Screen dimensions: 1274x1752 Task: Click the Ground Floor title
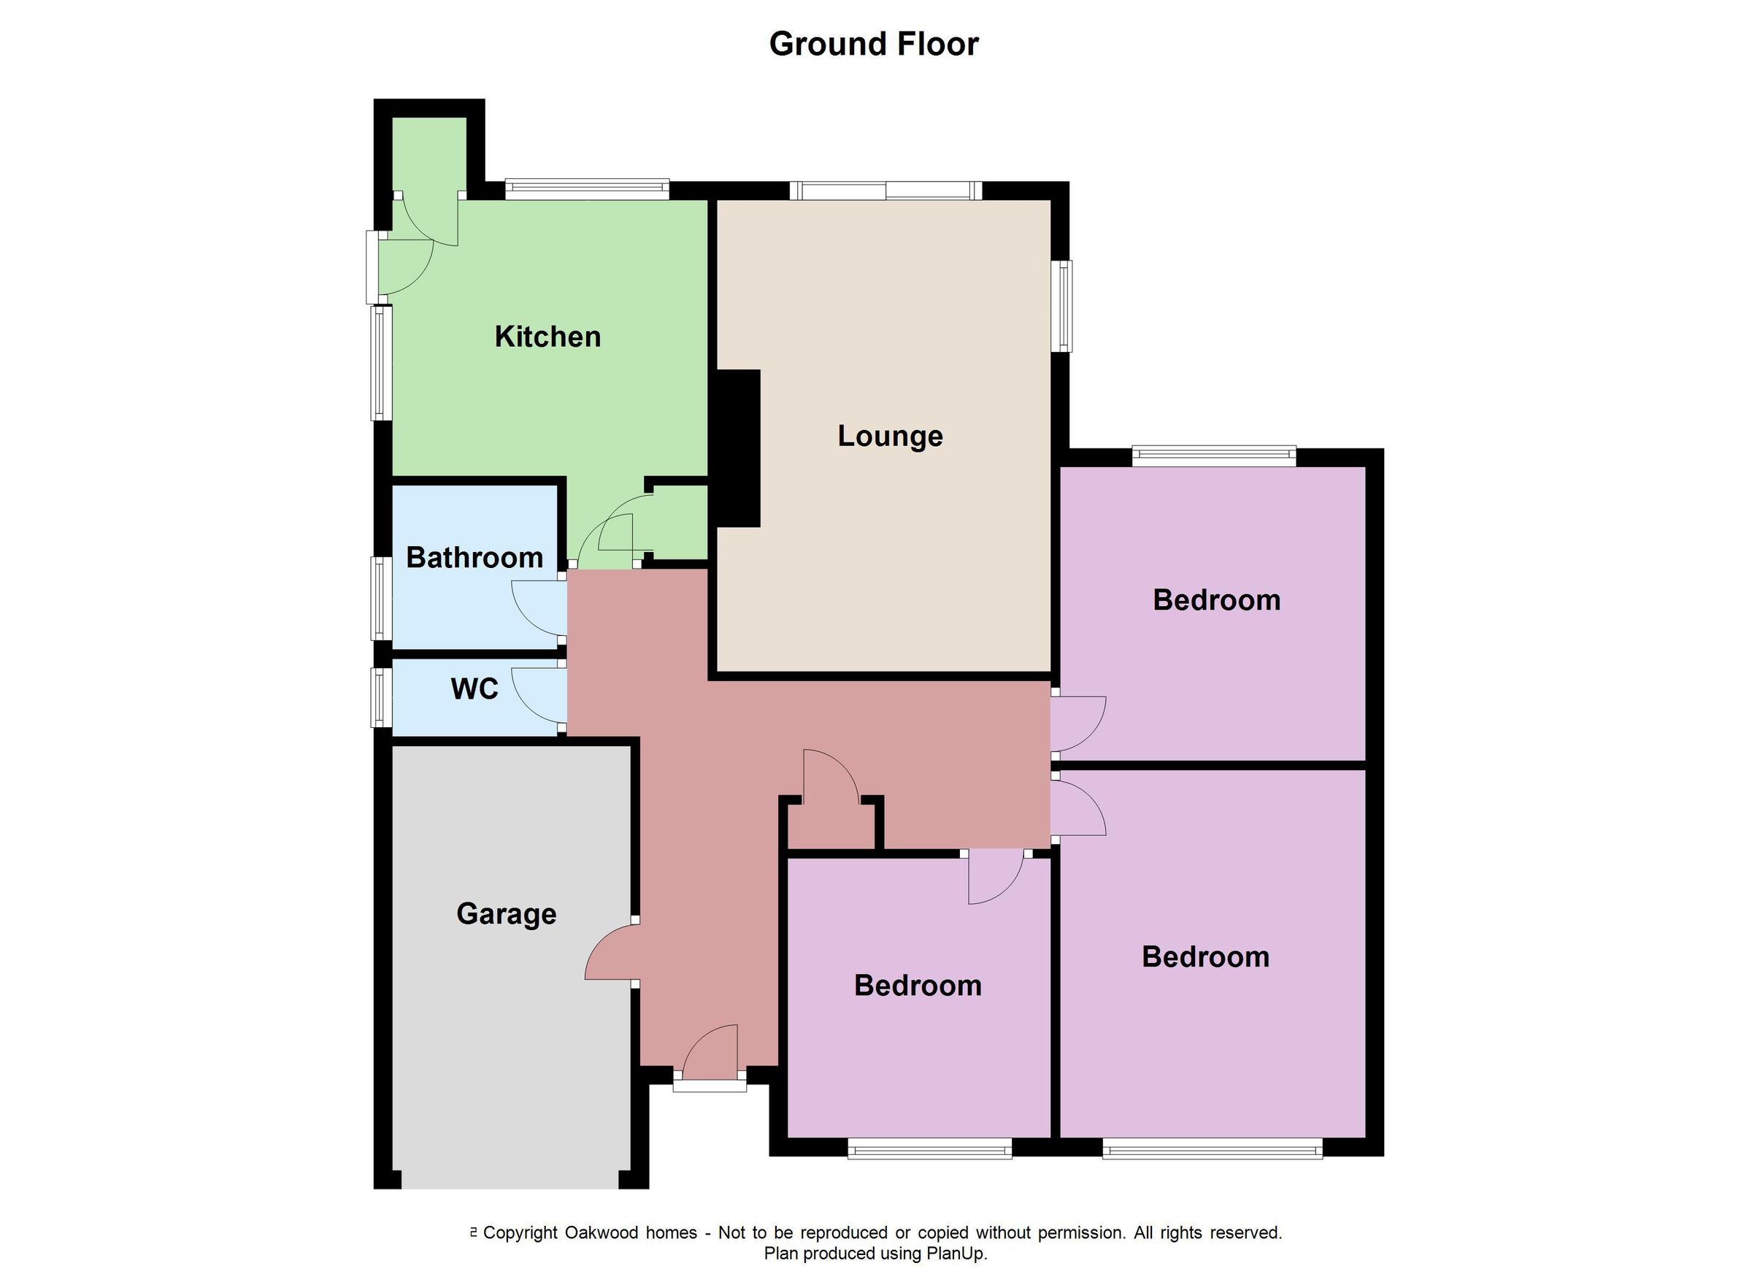pos(874,44)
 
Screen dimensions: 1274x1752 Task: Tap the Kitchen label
pos(547,337)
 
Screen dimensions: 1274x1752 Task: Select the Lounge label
pos(890,437)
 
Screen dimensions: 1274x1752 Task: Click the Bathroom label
pos(474,558)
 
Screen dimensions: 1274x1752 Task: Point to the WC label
pos(474,689)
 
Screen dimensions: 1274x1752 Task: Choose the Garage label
pos(506,914)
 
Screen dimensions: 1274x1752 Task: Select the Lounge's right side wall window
pos(1064,306)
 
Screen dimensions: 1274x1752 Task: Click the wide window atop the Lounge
pos(886,191)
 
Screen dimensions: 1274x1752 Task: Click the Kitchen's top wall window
pos(587,189)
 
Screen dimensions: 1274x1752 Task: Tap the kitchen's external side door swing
pos(410,266)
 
